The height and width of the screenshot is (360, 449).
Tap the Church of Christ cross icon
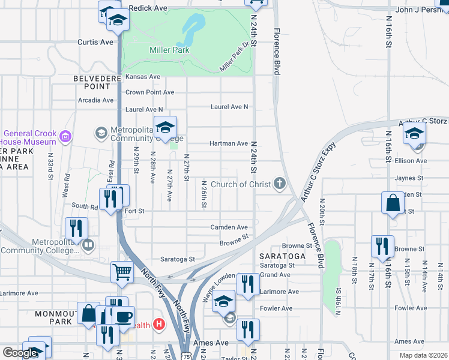click(x=279, y=184)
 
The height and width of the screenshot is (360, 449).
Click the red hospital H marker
click(x=159, y=325)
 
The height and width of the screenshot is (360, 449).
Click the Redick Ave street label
click(x=148, y=8)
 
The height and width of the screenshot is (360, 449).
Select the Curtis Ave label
click(x=95, y=43)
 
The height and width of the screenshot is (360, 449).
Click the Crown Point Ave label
click(x=149, y=92)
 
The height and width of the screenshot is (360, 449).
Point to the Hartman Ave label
click(x=229, y=144)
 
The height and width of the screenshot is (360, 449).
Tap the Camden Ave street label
click(x=229, y=227)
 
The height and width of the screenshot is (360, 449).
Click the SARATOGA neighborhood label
click(x=283, y=256)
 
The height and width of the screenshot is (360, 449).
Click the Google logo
click(x=20, y=353)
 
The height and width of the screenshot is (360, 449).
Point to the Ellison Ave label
click(x=411, y=161)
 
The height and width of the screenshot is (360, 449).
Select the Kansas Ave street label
click(x=142, y=77)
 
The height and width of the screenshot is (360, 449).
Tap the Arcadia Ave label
click(x=95, y=100)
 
